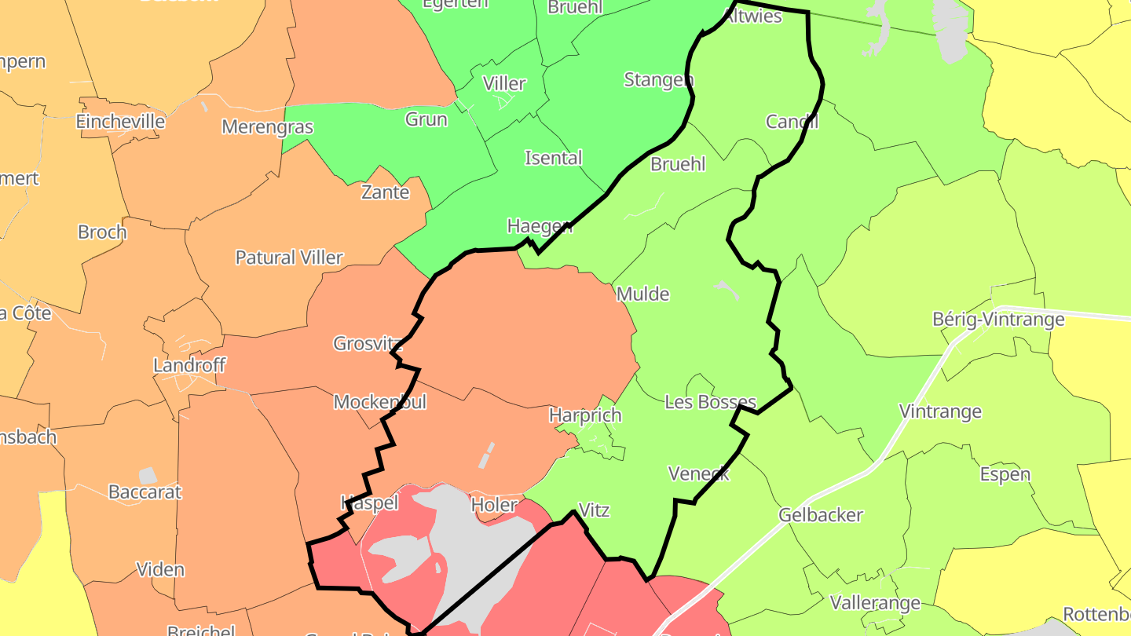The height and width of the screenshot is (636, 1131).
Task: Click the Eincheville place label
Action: [x=120, y=121]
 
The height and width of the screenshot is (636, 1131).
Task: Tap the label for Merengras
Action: [x=267, y=127]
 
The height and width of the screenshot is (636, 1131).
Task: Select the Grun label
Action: [x=426, y=119]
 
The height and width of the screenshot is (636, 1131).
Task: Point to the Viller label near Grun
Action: [x=504, y=83]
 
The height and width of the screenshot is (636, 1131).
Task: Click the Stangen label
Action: [x=659, y=79]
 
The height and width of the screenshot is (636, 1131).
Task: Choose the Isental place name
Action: [x=554, y=158]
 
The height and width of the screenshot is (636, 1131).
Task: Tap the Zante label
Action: [x=385, y=192]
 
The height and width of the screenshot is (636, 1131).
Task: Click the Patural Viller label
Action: [x=289, y=258]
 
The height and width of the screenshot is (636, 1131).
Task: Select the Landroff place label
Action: [x=189, y=365]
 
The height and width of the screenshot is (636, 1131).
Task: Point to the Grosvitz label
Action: [x=368, y=343]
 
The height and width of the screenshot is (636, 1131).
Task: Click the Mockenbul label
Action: [x=380, y=402]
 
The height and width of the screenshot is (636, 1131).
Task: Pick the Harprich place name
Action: [x=585, y=415]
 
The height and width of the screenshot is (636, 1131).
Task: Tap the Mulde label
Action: [x=643, y=294]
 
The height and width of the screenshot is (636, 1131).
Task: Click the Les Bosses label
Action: [x=710, y=402]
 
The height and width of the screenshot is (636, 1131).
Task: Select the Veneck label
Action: [x=699, y=473]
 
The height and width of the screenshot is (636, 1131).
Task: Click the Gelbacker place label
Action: [x=821, y=515]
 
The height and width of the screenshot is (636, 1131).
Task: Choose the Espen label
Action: [x=1005, y=474]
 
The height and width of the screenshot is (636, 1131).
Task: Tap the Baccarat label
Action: [x=145, y=492]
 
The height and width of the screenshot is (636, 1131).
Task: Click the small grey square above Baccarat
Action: [x=147, y=475]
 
